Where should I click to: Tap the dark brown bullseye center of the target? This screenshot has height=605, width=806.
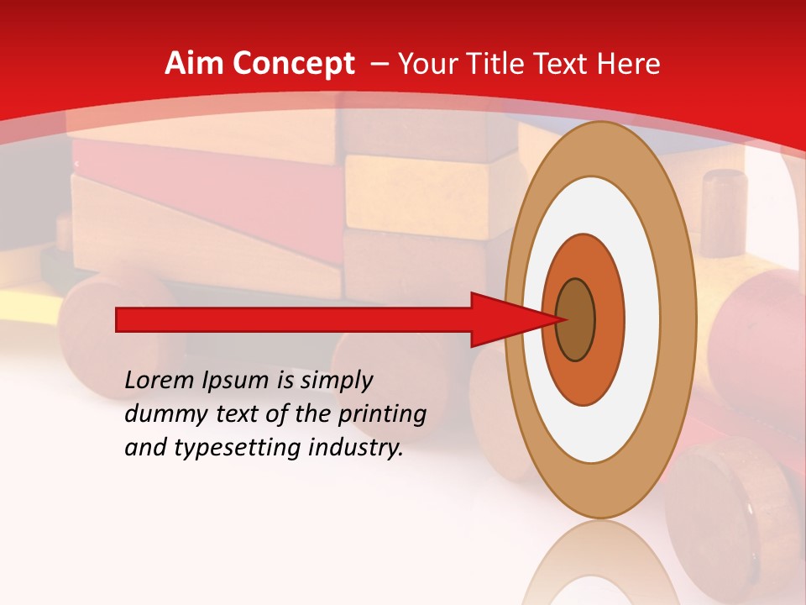[x=576, y=319]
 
